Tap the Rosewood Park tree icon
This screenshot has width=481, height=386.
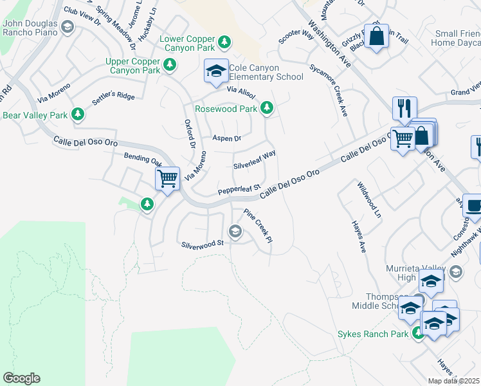pyautogui.click(x=268, y=109)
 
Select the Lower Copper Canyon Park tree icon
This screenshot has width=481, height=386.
pyautogui.click(x=224, y=42)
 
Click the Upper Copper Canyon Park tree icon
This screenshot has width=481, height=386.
pyautogui.click(x=170, y=64)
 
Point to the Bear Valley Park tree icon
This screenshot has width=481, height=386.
pyautogui.click(x=78, y=115)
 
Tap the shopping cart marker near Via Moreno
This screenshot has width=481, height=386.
pyautogui.click(x=167, y=178)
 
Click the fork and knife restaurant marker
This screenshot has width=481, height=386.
pyautogui.click(x=404, y=107)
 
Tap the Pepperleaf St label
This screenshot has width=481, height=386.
pyautogui.click(x=238, y=189)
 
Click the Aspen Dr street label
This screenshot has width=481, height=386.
pyautogui.click(x=226, y=138)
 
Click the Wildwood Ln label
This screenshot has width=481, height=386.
pyautogui.click(x=369, y=199)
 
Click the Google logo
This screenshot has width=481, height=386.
pyautogui.click(x=21, y=378)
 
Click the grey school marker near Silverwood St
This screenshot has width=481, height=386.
pyautogui.click(x=235, y=231)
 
